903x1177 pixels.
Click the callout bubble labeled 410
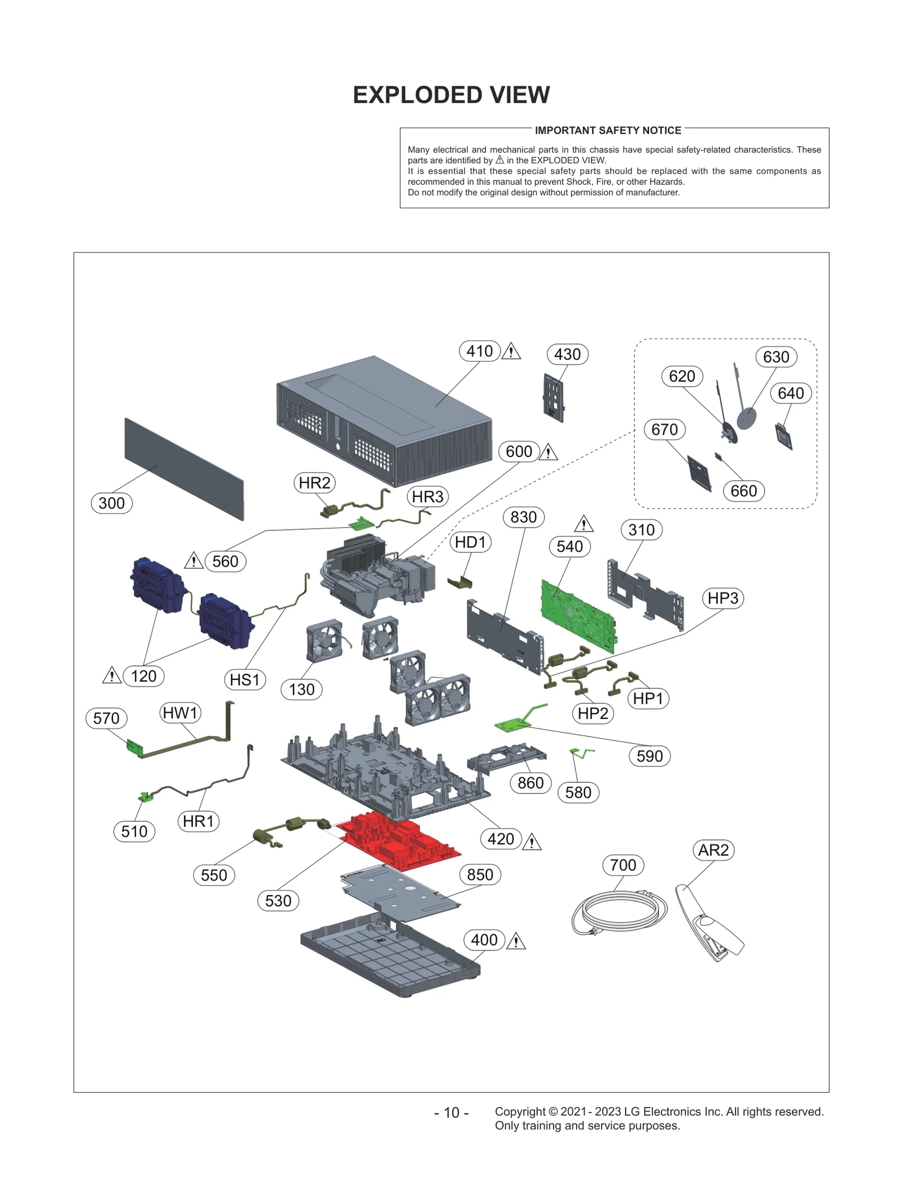[x=479, y=351]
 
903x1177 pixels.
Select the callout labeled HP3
[x=722, y=598]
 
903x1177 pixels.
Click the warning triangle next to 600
[x=548, y=452]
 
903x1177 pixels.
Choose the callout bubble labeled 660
[x=743, y=491]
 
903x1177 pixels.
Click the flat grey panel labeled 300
[x=183, y=469]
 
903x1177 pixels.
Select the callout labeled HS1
[x=244, y=679]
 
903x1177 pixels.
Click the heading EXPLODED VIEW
[x=451, y=95]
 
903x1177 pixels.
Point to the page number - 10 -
[x=451, y=1113]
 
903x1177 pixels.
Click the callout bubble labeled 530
[x=278, y=900]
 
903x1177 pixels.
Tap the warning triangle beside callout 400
[x=516, y=941]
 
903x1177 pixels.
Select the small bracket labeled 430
[x=553, y=398]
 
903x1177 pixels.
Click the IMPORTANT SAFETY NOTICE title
[x=608, y=130]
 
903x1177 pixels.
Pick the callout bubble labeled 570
[x=106, y=718]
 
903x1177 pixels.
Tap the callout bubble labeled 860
[x=530, y=783]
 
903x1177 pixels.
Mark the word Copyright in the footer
[x=520, y=1111]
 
